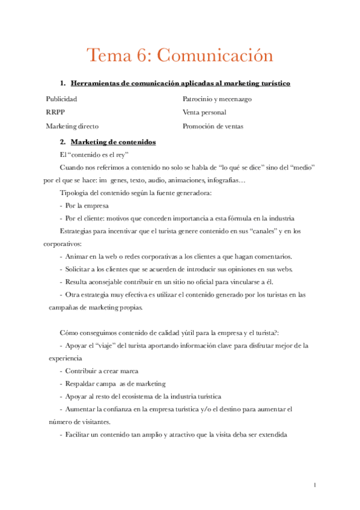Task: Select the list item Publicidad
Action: [61, 98]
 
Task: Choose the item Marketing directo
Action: [72, 127]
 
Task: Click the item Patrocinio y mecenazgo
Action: [217, 98]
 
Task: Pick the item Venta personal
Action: [204, 112]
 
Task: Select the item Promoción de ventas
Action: [213, 127]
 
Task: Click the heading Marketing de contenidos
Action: [113, 142]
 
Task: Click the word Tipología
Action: [76, 193]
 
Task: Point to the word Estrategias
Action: [79, 231]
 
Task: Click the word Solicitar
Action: [80, 269]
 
